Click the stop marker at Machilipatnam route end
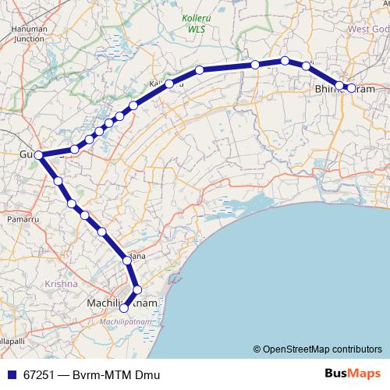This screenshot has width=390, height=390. (x=123, y=308)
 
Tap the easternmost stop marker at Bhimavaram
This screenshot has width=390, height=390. (x=351, y=88)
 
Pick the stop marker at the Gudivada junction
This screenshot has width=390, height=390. (x=38, y=155)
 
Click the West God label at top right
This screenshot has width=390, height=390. (x=368, y=29)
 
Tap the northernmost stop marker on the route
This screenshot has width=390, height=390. (x=285, y=60)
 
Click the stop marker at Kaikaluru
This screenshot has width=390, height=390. (x=168, y=83)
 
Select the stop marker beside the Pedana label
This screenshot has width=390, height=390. (x=126, y=259)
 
